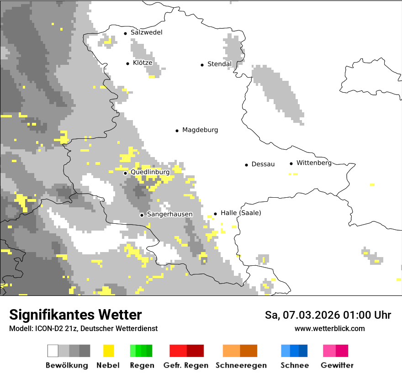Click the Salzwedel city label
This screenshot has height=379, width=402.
146,32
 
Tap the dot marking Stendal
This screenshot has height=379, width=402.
202,65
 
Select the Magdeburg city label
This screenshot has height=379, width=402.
200,130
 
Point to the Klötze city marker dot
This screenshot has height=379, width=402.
127,63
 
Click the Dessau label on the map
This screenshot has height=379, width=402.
263,164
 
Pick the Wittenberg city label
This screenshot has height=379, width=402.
314,163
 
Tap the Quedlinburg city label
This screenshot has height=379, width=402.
150,172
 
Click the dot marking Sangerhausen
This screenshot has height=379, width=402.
142,215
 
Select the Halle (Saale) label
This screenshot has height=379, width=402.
241,213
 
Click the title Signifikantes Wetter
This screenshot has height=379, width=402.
75,315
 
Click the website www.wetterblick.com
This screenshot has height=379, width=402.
329,329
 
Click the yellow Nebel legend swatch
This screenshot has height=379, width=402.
108,351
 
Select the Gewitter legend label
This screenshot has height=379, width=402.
337,365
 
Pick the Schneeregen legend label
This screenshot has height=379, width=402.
241,365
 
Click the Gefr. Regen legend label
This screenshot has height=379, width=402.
186,365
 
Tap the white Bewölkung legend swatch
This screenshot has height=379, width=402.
53,351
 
